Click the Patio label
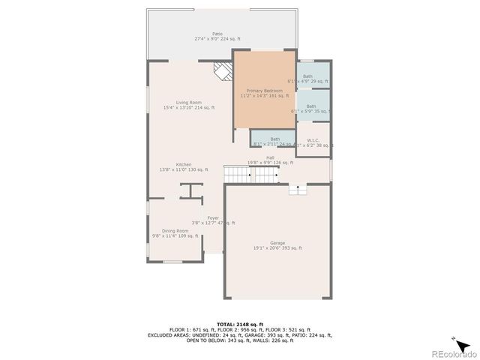pos(217,34)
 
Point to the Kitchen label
pos(184,164)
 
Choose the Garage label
pos(277,243)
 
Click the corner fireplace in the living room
pos(223,71)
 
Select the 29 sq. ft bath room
pos(311,78)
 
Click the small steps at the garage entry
pos(298,190)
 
